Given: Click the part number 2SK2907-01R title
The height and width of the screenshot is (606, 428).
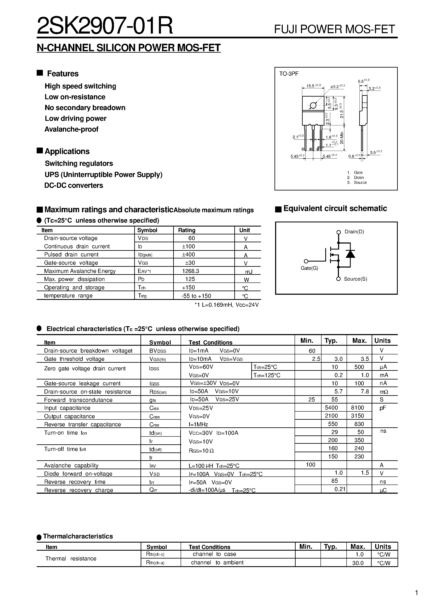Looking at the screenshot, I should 105,26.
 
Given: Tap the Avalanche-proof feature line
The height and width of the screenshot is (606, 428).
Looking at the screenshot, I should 71,129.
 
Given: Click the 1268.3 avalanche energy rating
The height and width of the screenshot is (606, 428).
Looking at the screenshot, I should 191,271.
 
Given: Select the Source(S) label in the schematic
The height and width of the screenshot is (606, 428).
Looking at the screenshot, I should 355,279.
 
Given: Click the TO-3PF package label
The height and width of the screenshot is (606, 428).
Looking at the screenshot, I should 289,74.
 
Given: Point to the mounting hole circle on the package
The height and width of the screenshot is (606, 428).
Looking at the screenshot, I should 313,105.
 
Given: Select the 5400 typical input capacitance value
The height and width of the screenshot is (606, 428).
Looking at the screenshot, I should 331,408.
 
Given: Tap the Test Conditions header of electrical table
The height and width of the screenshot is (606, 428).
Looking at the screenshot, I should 210,342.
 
